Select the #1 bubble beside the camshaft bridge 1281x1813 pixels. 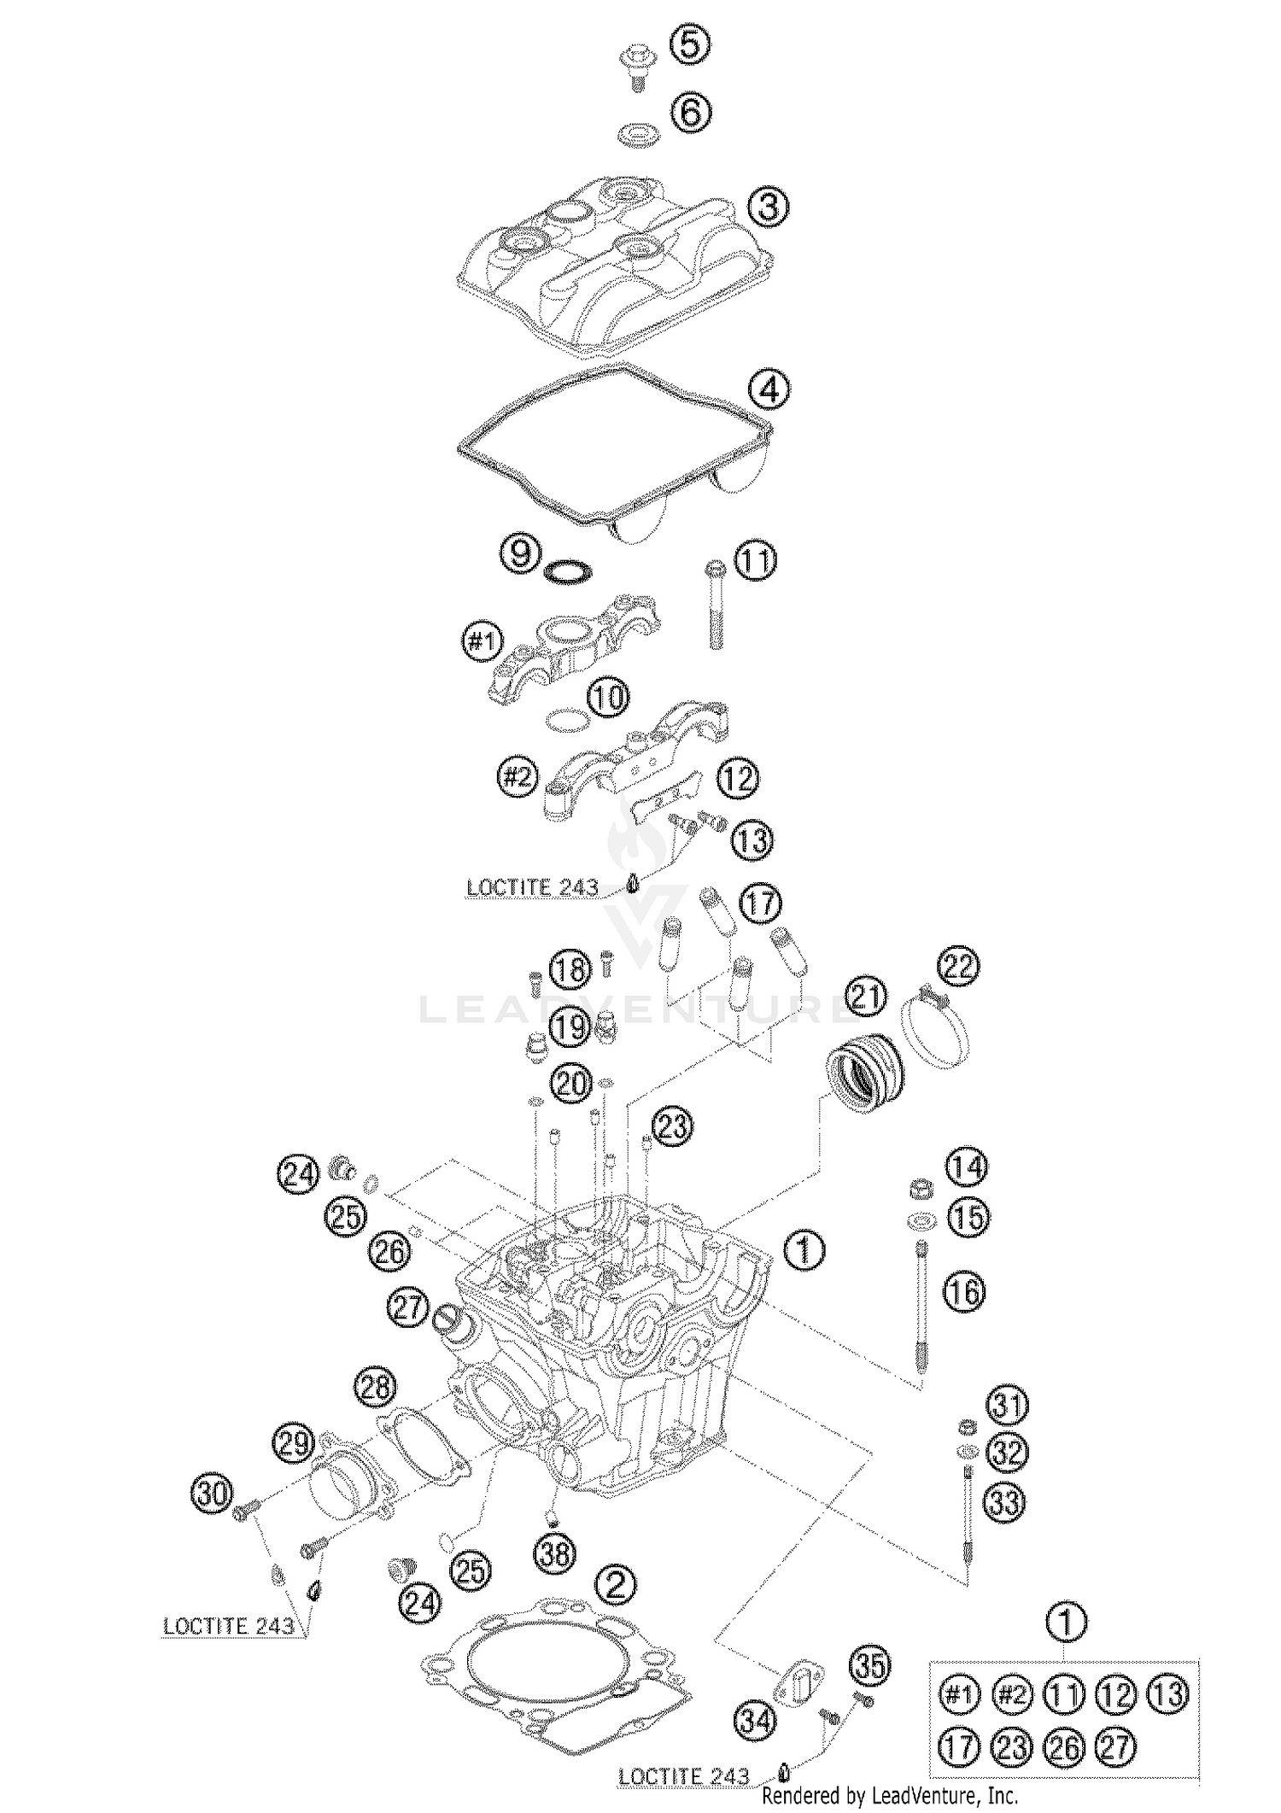tap(483, 641)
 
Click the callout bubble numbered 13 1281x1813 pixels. tap(752, 840)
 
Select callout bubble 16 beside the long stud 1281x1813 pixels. tap(963, 1292)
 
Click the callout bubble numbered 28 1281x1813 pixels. tap(377, 1387)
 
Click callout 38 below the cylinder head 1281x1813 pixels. tap(555, 1553)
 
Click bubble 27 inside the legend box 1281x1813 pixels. tap(1115, 1749)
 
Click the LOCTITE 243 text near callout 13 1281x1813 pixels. tap(531, 887)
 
